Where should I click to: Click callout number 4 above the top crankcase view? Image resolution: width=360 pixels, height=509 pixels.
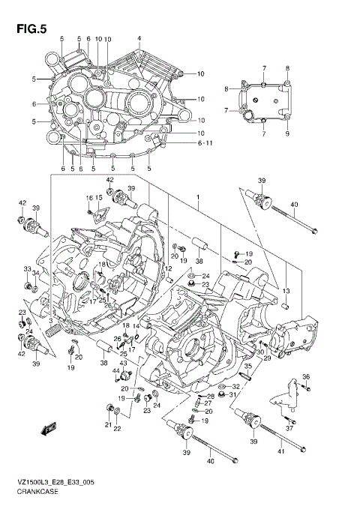pyautogui.click(x=139, y=38)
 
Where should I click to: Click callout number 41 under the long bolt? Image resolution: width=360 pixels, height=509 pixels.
pyautogui.click(x=280, y=453)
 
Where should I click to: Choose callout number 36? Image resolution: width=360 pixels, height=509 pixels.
pyautogui.click(x=304, y=377)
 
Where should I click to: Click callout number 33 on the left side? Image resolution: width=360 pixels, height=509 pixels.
pyautogui.click(x=27, y=269)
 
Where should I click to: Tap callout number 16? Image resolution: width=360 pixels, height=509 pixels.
pyautogui.click(x=88, y=197)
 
